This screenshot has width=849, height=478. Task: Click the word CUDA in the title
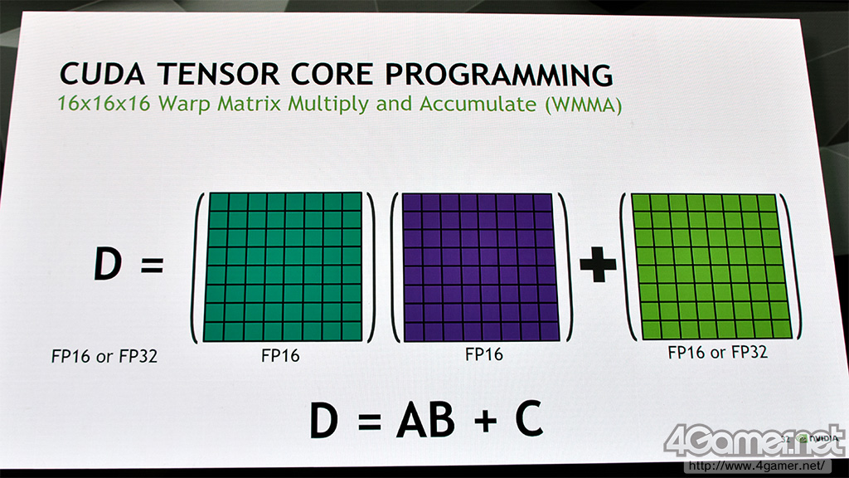(102, 74)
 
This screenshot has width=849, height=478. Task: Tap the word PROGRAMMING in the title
(498, 74)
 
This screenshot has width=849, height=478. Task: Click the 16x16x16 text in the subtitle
(104, 103)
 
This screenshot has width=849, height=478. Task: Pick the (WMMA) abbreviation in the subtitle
(583, 104)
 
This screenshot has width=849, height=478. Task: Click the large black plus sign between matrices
(598, 264)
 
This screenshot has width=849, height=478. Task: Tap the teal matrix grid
(284, 266)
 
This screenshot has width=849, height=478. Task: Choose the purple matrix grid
(480, 267)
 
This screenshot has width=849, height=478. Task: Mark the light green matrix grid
(711, 266)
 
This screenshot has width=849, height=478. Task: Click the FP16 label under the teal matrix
(280, 355)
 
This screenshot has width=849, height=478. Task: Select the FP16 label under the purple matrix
(484, 354)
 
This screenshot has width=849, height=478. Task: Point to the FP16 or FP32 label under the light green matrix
(717, 352)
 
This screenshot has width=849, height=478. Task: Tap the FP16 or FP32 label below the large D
(104, 356)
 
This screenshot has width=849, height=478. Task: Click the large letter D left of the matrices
(107, 264)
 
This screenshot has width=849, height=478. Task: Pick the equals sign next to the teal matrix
(152, 265)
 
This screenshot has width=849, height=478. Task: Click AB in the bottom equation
(425, 419)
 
